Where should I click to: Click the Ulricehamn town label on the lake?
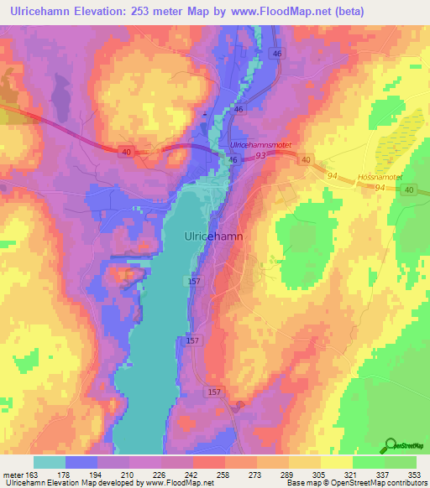(213, 237)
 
